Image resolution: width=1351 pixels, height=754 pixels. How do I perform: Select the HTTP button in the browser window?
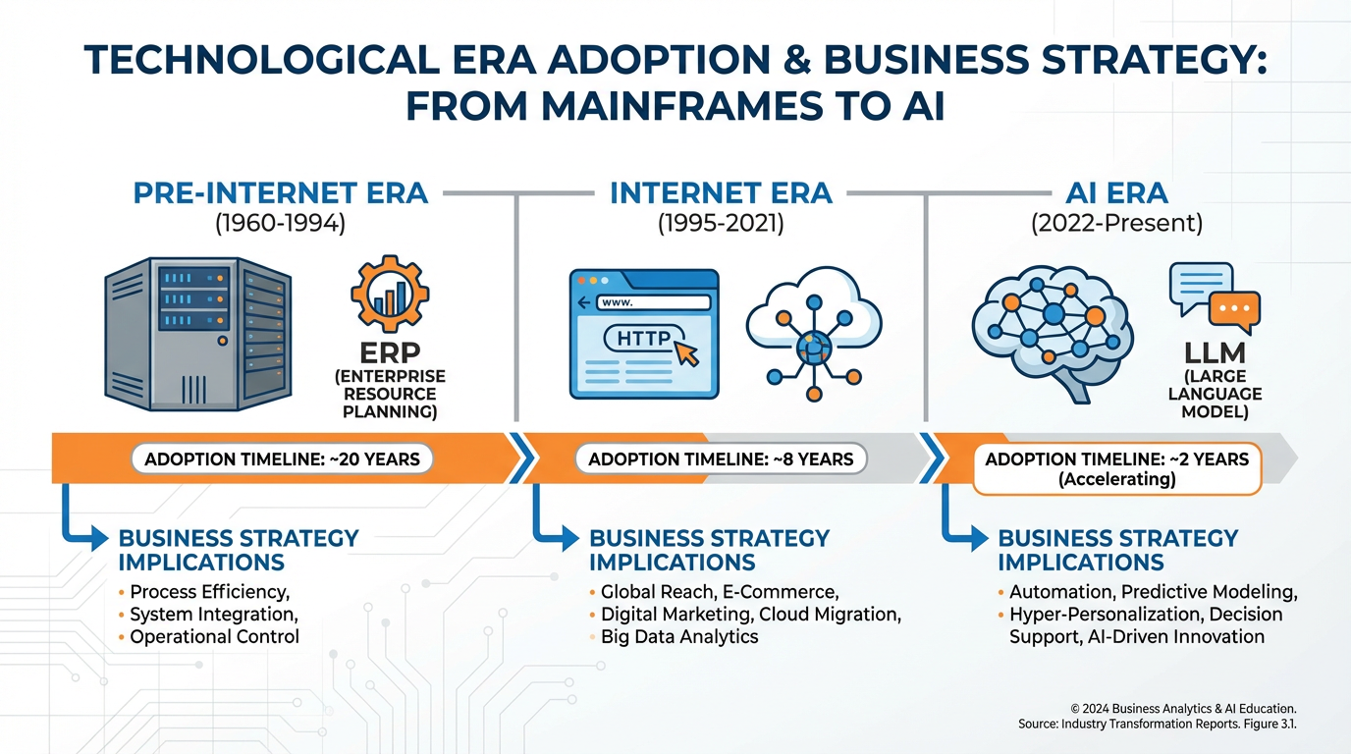point(644,340)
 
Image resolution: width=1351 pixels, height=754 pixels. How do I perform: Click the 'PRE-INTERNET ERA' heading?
point(281,192)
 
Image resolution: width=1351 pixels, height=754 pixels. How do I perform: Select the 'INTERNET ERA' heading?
point(721,192)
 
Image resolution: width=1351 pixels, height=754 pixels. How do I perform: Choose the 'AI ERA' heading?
point(1116,192)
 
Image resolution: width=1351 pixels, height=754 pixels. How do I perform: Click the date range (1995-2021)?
point(721,223)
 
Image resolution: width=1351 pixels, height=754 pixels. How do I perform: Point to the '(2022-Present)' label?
point(1116,223)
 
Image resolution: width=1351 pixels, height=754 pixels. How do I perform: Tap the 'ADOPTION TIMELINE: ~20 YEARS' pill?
point(282,458)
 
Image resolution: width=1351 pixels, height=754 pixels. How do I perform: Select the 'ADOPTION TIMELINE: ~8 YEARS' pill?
point(721,458)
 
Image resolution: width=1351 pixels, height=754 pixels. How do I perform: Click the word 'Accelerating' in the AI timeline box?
point(1116,480)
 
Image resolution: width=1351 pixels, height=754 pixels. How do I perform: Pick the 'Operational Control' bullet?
point(214,636)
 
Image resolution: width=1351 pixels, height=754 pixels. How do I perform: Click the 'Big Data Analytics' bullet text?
point(679,636)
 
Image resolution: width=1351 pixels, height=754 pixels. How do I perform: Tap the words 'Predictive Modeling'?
point(1209,592)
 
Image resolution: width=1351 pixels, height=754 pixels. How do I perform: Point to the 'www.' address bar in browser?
point(648,303)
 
